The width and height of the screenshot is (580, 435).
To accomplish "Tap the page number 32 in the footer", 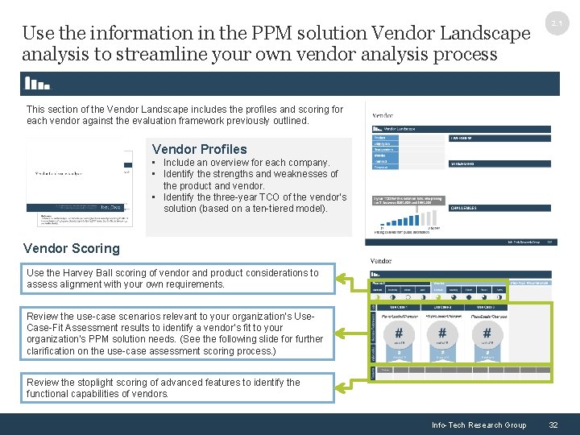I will [x=553, y=425].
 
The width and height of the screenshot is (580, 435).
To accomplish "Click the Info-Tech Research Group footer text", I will [x=478, y=425].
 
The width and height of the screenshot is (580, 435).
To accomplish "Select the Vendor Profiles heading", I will [x=199, y=149].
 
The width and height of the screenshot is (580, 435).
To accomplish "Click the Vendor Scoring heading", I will [x=72, y=248].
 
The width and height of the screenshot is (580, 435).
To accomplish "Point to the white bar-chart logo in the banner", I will [x=37, y=83].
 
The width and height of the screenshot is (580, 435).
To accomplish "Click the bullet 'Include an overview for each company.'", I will [x=246, y=163].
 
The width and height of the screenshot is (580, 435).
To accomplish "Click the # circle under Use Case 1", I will [x=397, y=333].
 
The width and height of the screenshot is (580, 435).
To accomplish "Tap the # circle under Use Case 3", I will [x=487, y=333].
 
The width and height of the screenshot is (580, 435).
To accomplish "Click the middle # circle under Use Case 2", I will [x=442, y=333].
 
